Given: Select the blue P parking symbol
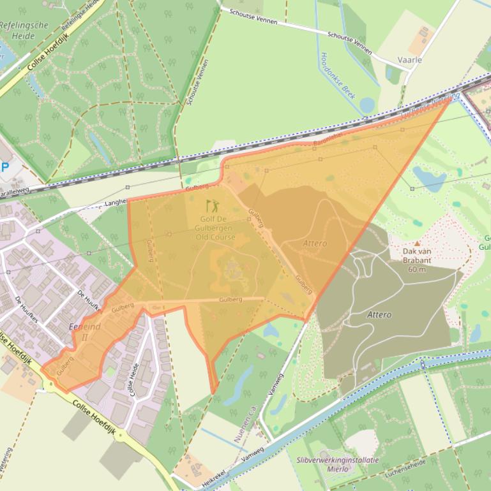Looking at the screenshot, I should [x=4, y=167].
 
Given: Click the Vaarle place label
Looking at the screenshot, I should [x=409, y=60].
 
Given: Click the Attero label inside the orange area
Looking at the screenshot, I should [x=315, y=244].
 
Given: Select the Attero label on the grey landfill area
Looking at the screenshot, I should [x=379, y=314].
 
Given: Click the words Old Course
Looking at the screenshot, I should [x=216, y=237].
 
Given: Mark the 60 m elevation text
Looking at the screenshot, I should [x=417, y=268].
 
